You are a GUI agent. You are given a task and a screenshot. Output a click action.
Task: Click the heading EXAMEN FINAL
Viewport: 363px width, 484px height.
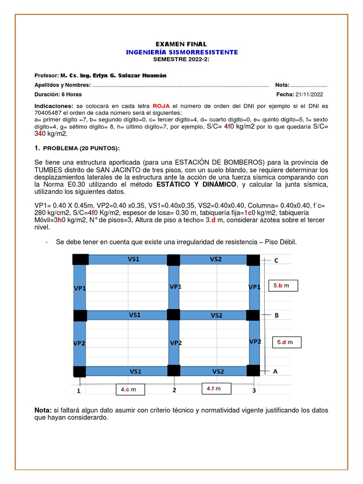pyautogui.click(x=181, y=44)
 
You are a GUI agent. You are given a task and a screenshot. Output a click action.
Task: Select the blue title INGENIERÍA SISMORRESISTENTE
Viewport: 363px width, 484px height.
pyautogui.click(x=181, y=52)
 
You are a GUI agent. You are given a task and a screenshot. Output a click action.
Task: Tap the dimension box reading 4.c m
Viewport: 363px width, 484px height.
pyautogui.click(x=130, y=389)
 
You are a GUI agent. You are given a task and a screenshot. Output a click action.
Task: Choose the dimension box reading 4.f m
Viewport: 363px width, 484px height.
pyautogui.click(x=216, y=389)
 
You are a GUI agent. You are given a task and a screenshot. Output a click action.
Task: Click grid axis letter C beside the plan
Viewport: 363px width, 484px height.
pyautogui.click(x=276, y=260)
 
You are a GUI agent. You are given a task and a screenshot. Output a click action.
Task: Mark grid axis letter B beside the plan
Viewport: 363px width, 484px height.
pyautogui.click(x=277, y=315)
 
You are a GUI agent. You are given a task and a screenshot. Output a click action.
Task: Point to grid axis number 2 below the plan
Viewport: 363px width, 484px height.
pyautogui.click(x=174, y=390)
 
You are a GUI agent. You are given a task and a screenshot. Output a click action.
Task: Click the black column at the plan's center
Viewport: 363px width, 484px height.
pyautogui.click(x=173, y=315)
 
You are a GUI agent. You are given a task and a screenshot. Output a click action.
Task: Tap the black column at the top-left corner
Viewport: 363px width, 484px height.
pyautogui.click(x=80, y=259)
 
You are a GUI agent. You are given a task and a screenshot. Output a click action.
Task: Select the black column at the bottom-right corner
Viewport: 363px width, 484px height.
pyautogui.click(x=254, y=371)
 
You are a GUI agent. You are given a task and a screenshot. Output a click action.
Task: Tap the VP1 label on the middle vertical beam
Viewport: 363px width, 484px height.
pyautogui.click(x=175, y=286)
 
